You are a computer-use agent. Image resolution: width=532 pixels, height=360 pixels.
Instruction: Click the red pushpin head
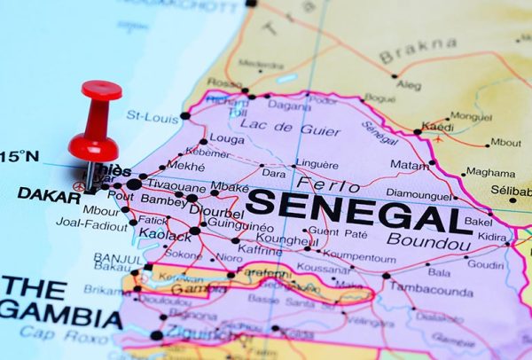[100, 90]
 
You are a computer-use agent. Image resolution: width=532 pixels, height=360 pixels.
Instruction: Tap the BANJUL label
[117, 258]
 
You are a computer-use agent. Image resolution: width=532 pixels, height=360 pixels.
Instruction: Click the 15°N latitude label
[20, 157]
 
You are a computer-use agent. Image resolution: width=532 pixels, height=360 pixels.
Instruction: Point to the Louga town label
[228, 140]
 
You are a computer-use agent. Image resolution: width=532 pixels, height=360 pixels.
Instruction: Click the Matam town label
[408, 164]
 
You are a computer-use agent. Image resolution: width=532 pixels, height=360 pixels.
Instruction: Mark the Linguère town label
[317, 164]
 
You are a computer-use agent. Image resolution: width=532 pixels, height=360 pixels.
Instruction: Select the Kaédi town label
[437, 127]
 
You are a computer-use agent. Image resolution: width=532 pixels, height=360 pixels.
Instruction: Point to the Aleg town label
[410, 85]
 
